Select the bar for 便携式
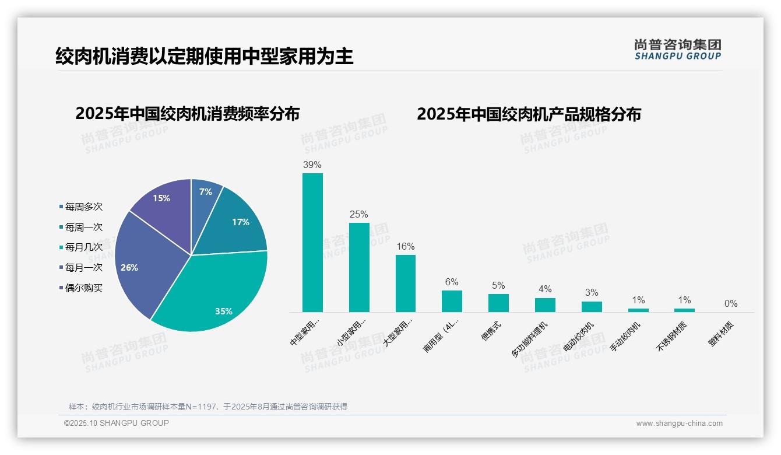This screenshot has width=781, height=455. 498,303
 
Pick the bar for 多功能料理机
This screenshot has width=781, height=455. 545,305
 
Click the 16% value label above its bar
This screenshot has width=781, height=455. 405,247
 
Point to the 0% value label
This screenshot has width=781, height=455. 731,304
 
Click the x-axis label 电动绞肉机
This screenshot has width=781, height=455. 579,335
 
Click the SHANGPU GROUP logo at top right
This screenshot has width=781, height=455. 678,50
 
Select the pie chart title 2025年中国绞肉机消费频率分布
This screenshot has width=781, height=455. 187,114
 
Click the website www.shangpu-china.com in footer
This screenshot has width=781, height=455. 679,423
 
